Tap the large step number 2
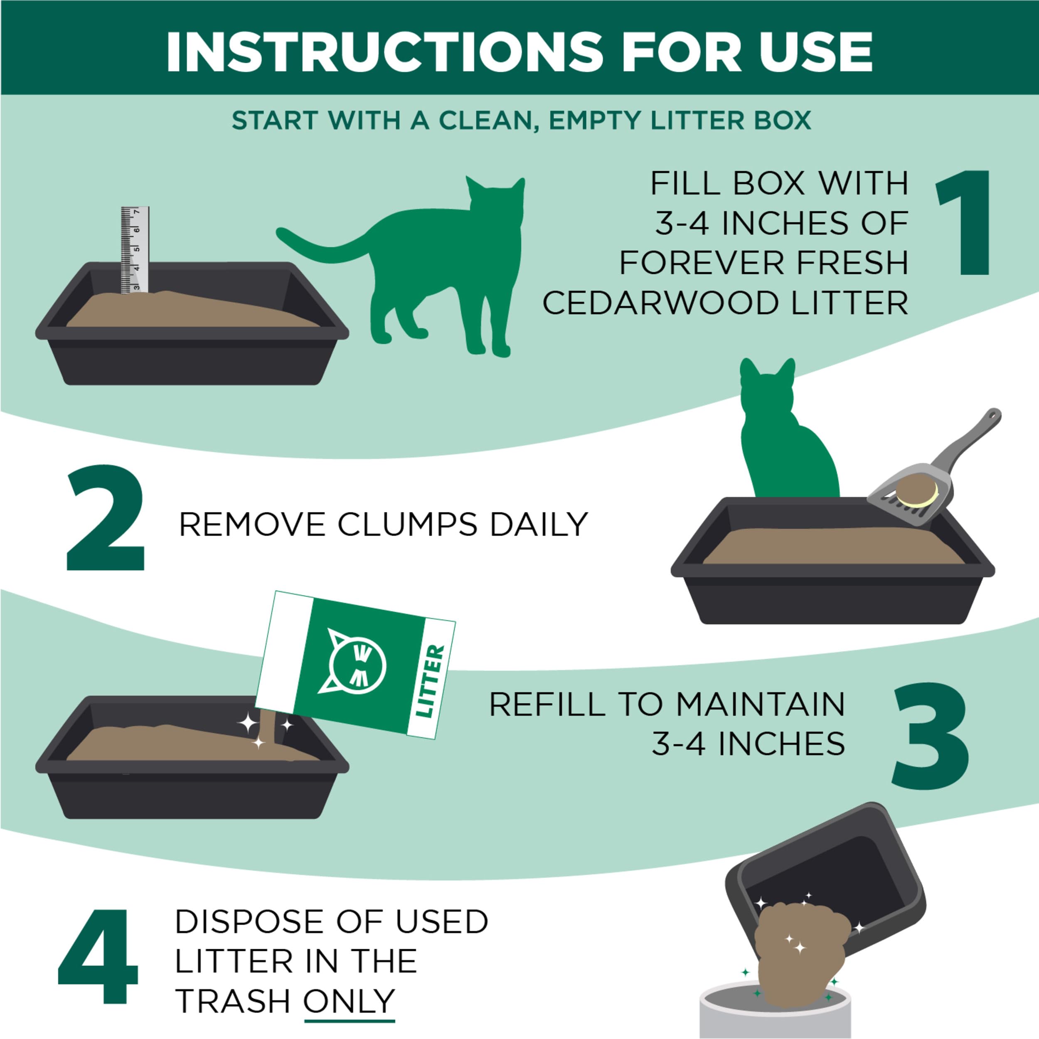coord(106,517)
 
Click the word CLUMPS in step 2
coord(407,524)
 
